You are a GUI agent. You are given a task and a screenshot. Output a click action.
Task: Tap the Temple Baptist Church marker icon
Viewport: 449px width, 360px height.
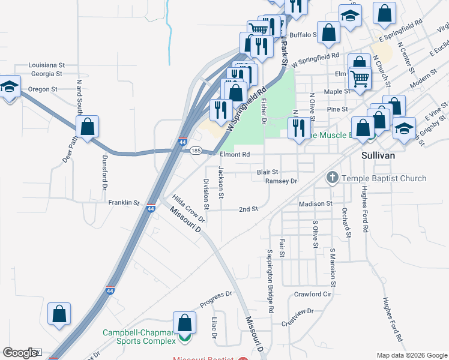(332, 178)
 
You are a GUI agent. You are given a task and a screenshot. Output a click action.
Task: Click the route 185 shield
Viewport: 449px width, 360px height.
(196, 151)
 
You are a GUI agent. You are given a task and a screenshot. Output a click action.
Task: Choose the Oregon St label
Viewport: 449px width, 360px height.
(43, 89)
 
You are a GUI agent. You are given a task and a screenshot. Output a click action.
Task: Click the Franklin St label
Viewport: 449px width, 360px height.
(124, 203)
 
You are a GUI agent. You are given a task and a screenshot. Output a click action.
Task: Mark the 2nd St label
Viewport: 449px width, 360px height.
(248, 209)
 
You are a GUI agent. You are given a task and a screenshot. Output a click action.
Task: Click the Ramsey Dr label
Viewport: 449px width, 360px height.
(281, 181)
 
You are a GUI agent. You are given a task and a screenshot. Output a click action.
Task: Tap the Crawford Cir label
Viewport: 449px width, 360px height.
(313, 294)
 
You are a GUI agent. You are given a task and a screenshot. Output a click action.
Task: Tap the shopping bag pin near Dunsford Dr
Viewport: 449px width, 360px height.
(88, 127)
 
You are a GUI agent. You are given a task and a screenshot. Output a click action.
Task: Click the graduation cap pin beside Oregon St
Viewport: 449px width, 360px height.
(9, 87)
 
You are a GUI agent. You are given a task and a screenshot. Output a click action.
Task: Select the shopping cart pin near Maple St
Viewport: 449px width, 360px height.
(360, 77)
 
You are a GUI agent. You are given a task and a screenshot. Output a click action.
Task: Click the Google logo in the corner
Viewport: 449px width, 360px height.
(20, 353)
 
